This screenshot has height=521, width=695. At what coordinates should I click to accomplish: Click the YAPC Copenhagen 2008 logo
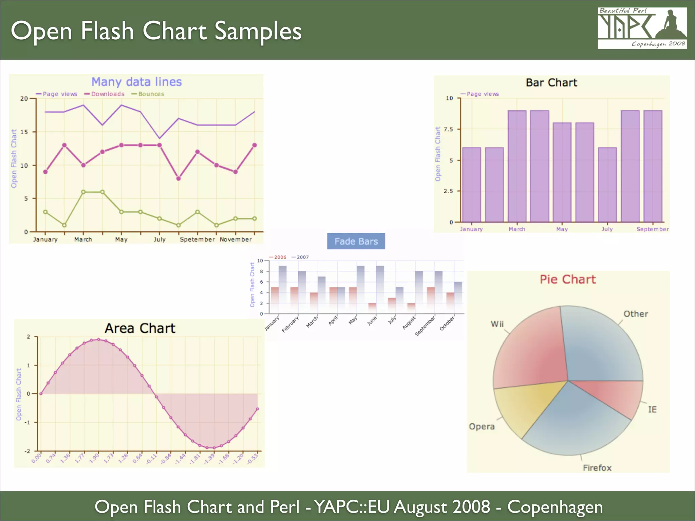coord(642,28)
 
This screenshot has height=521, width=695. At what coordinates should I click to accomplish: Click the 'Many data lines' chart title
coord(136,82)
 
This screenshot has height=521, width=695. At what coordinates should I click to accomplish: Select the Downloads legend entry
coord(107,94)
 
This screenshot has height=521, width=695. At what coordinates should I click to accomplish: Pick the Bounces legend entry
coord(151,94)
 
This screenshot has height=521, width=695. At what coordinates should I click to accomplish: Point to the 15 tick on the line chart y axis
coord(24,132)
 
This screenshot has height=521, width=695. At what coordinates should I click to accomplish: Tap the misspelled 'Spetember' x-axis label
coord(197,239)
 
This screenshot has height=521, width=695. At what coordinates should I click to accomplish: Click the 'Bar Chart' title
coord(551,83)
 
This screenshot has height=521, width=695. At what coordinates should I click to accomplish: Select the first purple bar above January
coord(471,185)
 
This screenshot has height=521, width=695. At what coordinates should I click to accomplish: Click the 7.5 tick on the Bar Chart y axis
coord(448,129)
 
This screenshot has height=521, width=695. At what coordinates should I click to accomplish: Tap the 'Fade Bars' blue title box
coord(356,241)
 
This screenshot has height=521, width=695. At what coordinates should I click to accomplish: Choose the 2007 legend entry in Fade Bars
coord(302,257)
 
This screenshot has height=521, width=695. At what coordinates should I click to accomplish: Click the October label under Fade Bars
coord(447,323)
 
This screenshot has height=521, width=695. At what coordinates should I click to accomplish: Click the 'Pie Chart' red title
coord(567,279)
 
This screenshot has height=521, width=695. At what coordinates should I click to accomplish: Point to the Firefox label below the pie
coord(597,468)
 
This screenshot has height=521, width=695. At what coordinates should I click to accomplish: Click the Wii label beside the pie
coord(497,324)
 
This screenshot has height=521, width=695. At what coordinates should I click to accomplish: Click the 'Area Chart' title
coord(140,328)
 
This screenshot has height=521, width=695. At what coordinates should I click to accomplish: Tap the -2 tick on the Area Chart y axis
coord(27,451)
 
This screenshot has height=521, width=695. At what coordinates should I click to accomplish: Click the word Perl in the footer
coord(285,507)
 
